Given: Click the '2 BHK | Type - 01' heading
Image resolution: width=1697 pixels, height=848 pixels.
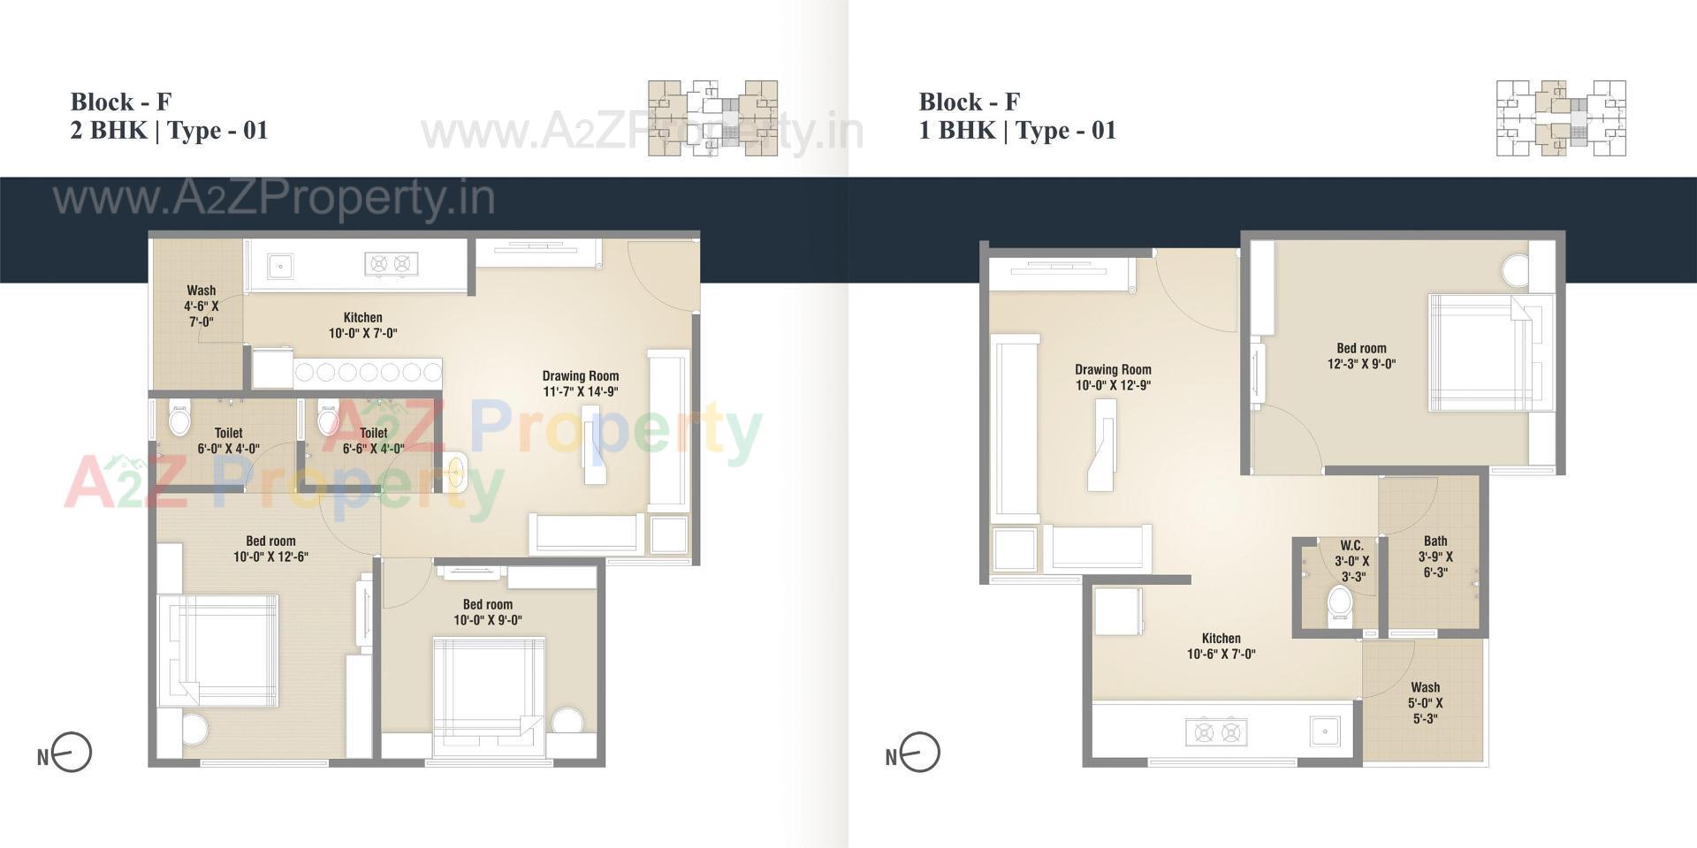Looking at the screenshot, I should click(169, 131).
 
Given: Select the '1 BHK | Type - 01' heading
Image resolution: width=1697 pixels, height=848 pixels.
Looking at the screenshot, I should click(1017, 131).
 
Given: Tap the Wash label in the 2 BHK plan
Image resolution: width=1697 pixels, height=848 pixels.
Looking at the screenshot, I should click(201, 306).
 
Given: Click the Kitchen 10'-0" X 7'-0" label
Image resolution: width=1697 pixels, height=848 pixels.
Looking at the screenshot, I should click(362, 325).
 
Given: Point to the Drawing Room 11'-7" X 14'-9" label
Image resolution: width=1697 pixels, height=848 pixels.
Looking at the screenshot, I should click(580, 383).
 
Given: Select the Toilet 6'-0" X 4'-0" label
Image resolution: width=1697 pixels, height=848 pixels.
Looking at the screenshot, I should click(228, 440).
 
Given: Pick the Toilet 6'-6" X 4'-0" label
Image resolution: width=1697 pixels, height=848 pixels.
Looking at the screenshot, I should click(373, 440).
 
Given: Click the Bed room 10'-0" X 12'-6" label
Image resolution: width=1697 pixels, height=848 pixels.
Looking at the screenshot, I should click(270, 549).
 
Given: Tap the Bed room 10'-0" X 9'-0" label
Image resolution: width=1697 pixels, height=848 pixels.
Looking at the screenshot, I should click(488, 612).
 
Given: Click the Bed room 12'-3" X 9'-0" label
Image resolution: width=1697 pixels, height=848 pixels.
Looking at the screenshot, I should click(1361, 356).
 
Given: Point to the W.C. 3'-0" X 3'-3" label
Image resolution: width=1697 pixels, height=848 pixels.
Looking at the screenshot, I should click(1351, 561).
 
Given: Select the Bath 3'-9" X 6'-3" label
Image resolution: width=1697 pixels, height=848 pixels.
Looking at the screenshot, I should click(1435, 556).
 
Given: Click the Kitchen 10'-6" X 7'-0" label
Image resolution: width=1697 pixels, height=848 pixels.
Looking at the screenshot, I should click(1221, 646).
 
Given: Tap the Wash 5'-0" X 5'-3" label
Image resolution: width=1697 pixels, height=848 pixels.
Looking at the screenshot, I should click(1425, 702).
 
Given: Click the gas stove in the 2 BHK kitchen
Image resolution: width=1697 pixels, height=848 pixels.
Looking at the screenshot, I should click(391, 263).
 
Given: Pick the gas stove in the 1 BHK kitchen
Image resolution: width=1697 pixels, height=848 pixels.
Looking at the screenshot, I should click(1216, 731).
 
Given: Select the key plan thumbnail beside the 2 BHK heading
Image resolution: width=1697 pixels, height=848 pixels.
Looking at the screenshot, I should click(713, 118).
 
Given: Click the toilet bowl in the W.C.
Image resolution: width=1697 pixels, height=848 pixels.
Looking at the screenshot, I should click(1340, 607).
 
